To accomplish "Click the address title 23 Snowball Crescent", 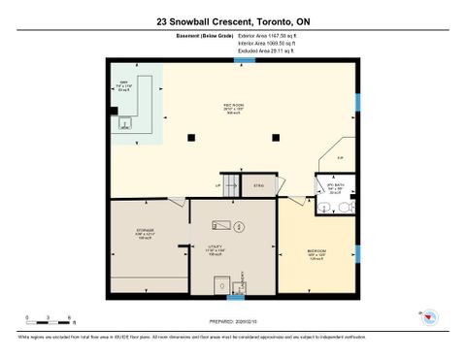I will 232,20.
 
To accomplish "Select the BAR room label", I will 123,82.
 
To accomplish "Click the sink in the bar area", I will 125,121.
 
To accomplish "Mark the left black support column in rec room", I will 193,135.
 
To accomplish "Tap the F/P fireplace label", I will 339,158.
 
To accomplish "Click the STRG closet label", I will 258,184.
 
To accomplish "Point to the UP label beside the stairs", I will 218,184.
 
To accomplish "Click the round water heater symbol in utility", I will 241,228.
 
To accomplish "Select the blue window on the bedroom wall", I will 357,254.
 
